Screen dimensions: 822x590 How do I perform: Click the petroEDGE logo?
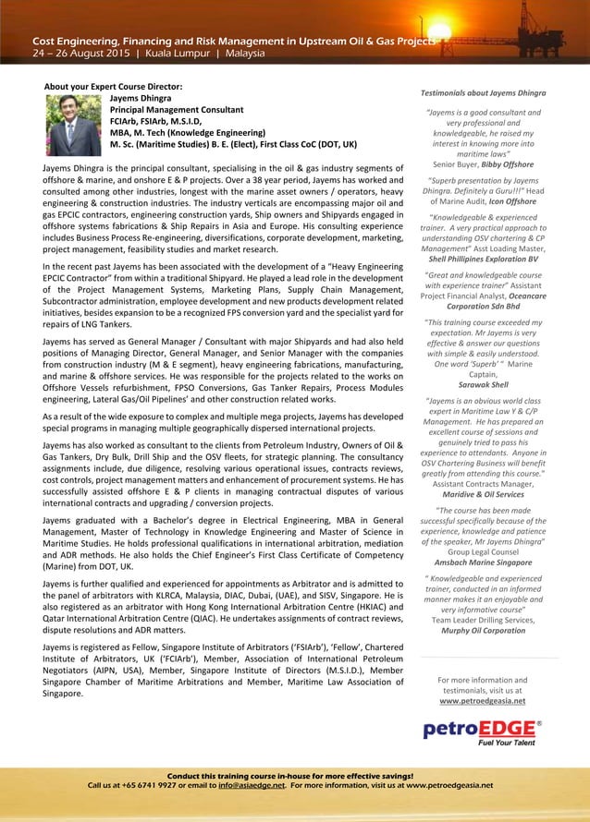click(x=482, y=731)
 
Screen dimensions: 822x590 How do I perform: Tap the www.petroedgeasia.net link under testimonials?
click(x=482, y=701)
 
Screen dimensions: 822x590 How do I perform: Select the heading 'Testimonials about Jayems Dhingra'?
click(x=483, y=93)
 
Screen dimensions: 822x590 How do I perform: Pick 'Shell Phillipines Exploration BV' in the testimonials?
click(x=483, y=260)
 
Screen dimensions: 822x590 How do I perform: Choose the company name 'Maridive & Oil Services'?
click(x=483, y=494)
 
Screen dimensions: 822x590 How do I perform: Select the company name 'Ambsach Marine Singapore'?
click(x=483, y=562)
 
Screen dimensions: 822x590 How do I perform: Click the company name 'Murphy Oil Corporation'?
click(x=483, y=630)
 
